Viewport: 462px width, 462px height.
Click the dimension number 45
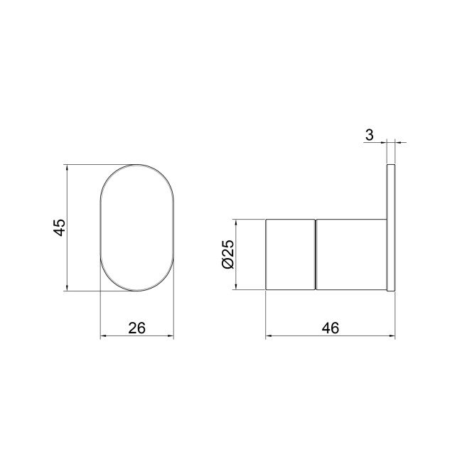[60, 228]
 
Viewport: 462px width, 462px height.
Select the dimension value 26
[136, 328]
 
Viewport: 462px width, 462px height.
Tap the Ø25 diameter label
[227, 254]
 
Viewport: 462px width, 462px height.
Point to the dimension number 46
[330, 328]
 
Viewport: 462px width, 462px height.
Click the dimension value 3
[370, 134]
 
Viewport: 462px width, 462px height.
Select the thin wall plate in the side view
[391, 228]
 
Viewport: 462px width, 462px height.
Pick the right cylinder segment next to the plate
[350, 254]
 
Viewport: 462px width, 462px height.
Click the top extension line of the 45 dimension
[92, 166]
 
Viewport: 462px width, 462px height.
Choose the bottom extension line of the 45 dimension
[92, 291]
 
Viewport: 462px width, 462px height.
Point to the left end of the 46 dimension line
[267, 337]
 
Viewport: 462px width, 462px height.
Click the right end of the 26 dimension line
[173, 337]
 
